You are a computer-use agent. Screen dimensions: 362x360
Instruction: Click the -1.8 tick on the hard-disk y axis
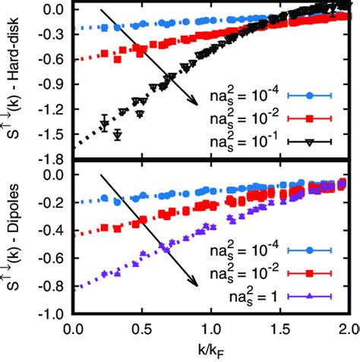click(52, 159)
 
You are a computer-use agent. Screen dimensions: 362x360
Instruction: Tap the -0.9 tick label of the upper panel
click(52, 85)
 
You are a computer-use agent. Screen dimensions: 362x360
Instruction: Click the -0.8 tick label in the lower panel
click(52, 286)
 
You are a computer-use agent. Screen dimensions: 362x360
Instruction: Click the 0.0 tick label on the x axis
click(73, 330)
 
